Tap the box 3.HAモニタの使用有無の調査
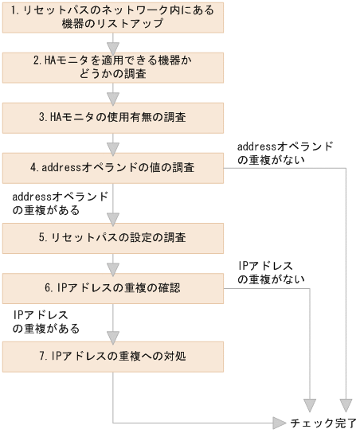coord(112,117)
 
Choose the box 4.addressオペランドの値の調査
coord(112,168)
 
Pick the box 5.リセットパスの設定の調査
coord(112,236)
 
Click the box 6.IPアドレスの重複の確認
coord(112,287)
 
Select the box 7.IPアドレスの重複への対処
coord(112,356)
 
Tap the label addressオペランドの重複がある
coord(61,203)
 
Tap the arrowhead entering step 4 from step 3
coord(113,146)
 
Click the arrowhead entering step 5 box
coord(113,215)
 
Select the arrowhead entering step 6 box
coord(113,266)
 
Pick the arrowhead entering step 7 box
coord(113,334)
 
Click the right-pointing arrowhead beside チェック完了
coord(279,421)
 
